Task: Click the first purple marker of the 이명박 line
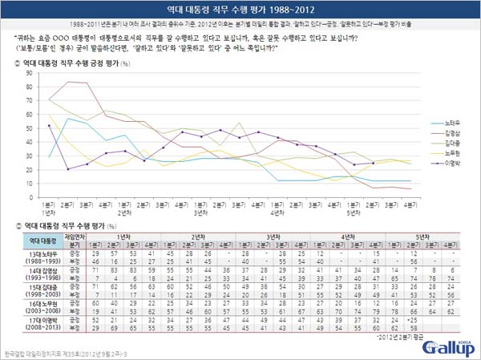tap(50, 126)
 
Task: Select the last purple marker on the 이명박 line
tap(373, 163)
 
